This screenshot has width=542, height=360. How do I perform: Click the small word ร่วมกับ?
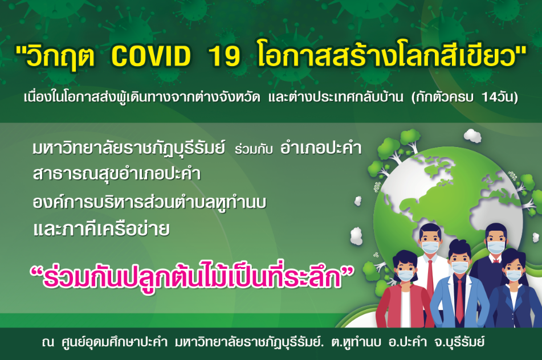point(254,149)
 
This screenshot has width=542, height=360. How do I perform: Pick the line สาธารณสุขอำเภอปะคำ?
point(117,174)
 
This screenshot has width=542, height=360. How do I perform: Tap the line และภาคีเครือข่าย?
point(101,229)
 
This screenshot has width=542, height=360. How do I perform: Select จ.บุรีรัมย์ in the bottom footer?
point(455,342)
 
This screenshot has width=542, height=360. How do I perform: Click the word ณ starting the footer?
point(48,342)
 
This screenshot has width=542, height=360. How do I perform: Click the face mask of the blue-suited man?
point(460,267)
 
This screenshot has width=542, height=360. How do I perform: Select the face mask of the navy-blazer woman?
point(514,275)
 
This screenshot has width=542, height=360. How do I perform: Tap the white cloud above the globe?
point(472,135)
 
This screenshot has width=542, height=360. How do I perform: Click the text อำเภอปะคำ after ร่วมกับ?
point(321,149)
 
